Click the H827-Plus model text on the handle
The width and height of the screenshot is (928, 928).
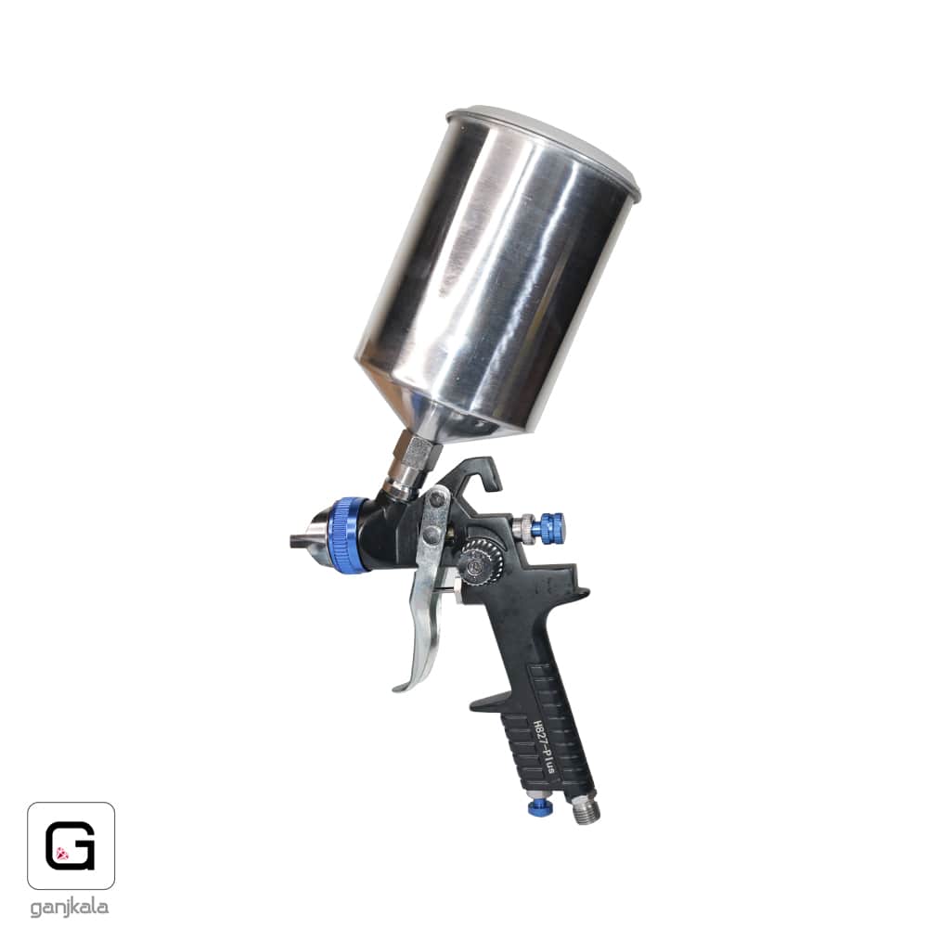pyautogui.click(x=543, y=747)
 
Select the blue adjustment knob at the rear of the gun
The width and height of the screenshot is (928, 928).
pyautogui.click(x=548, y=525)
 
